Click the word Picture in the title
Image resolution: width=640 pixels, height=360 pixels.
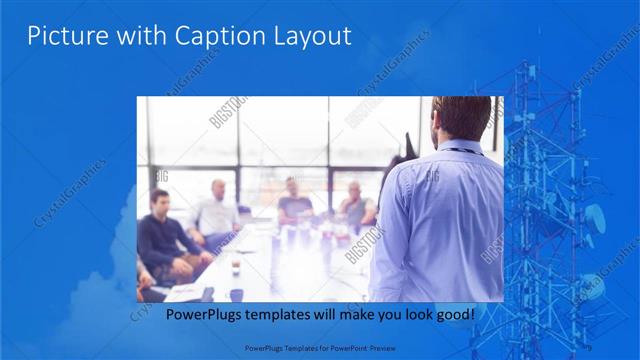[62, 36]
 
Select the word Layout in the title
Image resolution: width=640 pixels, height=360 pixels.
[312, 37]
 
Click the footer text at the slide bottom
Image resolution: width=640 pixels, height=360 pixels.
[320, 350]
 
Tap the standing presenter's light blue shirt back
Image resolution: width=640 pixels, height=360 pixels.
[440, 220]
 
